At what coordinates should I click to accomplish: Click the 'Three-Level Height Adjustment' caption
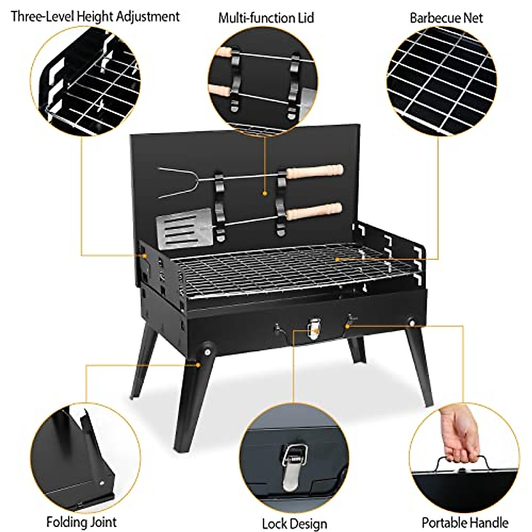[x=95, y=17]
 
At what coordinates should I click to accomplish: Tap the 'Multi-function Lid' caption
[x=266, y=18]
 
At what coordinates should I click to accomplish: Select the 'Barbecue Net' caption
[x=446, y=18]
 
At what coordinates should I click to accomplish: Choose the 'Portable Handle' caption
[x=465, y=522]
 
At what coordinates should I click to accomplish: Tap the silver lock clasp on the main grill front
[x=313, y=328]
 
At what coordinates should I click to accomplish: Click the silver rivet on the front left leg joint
[x=207, y=352]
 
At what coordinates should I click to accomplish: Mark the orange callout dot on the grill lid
[x=265, y=193]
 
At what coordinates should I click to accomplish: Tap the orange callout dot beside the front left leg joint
[x=198, y=365]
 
